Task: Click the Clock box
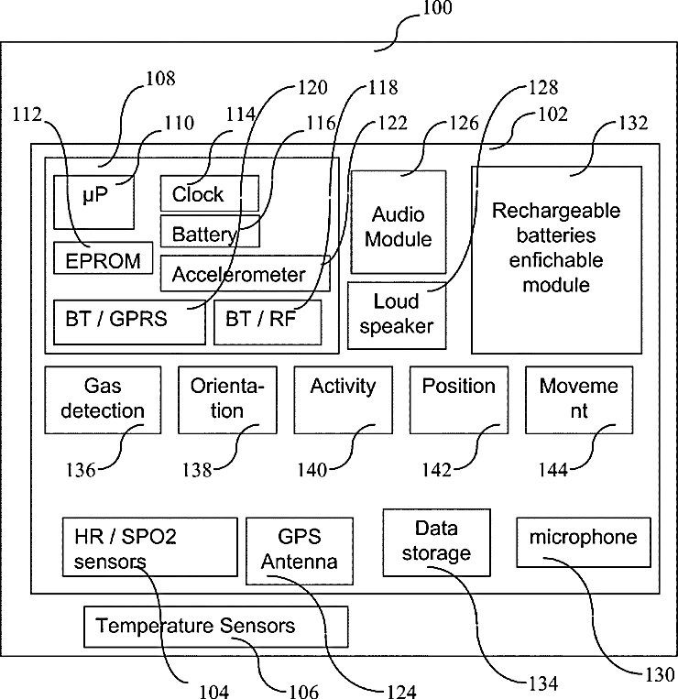pyautogui.click(x=210, y=193)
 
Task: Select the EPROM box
pyautogui.click(x=103, y=258)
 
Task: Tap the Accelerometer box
pyautogui.click(x=246, y=273)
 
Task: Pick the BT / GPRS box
pyautogui.click(x=129, y=322)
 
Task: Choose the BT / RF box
pyautogui.click(x=268, y=322)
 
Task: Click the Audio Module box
pyautogui.click(x=399, y=222)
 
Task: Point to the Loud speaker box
pyautogui.click(x=397, y=315)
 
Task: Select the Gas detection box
pyautogui.click(x=103, y=399)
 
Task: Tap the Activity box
pyautogui.click(x=344, y=399)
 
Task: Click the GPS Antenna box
pyautogui.click(x=300, y=551)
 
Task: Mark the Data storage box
pyautogui.click(x=437, y=542)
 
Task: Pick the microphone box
pyautogui.click(x=584, y=542)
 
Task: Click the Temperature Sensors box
pyautogui.click(x=216, y=627)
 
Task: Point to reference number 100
pyautogui.click(x=437, y=8)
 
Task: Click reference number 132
pyautogui.click(x=633, y=123)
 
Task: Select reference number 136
pyautogui.click(x=81, y=470)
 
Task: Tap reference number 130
pyautogui.click(x=661, y=674)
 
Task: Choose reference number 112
pyautogui.click(x=27, y=115)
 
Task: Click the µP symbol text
pyautogui.click(x=95, y=195)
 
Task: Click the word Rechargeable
pyautogui.click(x=556, y=211)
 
